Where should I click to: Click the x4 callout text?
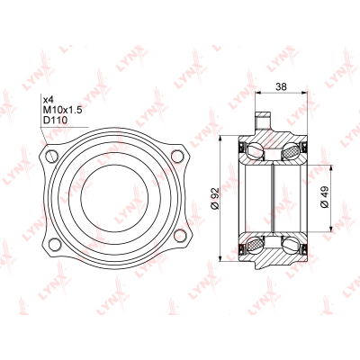[x=48, y=99]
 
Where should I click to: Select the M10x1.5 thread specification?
[x=62, y=110]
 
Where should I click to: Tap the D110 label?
[x=55, y=121]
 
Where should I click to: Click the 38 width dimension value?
[x=281, y=86]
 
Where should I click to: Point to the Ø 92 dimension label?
[x=215, y=198]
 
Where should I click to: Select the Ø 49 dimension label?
[x=325, y=197]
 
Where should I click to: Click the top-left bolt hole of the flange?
[x=52, y=156]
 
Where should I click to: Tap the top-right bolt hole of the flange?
[x=177, y=157]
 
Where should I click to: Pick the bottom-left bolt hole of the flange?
[x=55, y=244]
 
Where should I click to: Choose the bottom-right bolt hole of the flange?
[x=179, y=235]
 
